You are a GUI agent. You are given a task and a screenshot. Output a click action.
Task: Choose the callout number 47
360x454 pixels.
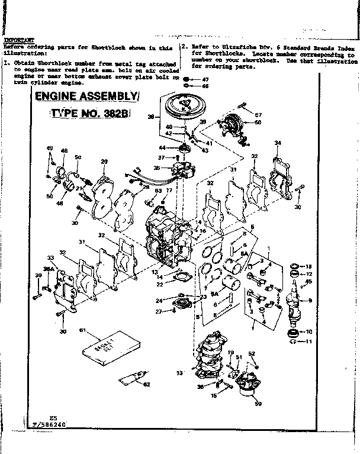tap(205, 79)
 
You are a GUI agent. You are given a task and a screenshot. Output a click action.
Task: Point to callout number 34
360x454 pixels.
tap(278, 143)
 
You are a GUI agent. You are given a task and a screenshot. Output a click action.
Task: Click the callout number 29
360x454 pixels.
tap(104, 162)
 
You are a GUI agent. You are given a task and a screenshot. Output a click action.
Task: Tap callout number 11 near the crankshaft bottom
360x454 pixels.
tap(308, 342)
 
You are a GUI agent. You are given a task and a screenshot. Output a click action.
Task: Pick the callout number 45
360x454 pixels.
tap(308, 281)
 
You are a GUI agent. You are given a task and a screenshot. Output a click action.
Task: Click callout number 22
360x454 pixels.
tap(160, 284)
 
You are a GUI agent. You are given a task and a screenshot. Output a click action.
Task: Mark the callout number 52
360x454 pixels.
tap(251, 353)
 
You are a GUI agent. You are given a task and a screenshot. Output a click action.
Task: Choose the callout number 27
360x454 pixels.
tap(159, 311)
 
